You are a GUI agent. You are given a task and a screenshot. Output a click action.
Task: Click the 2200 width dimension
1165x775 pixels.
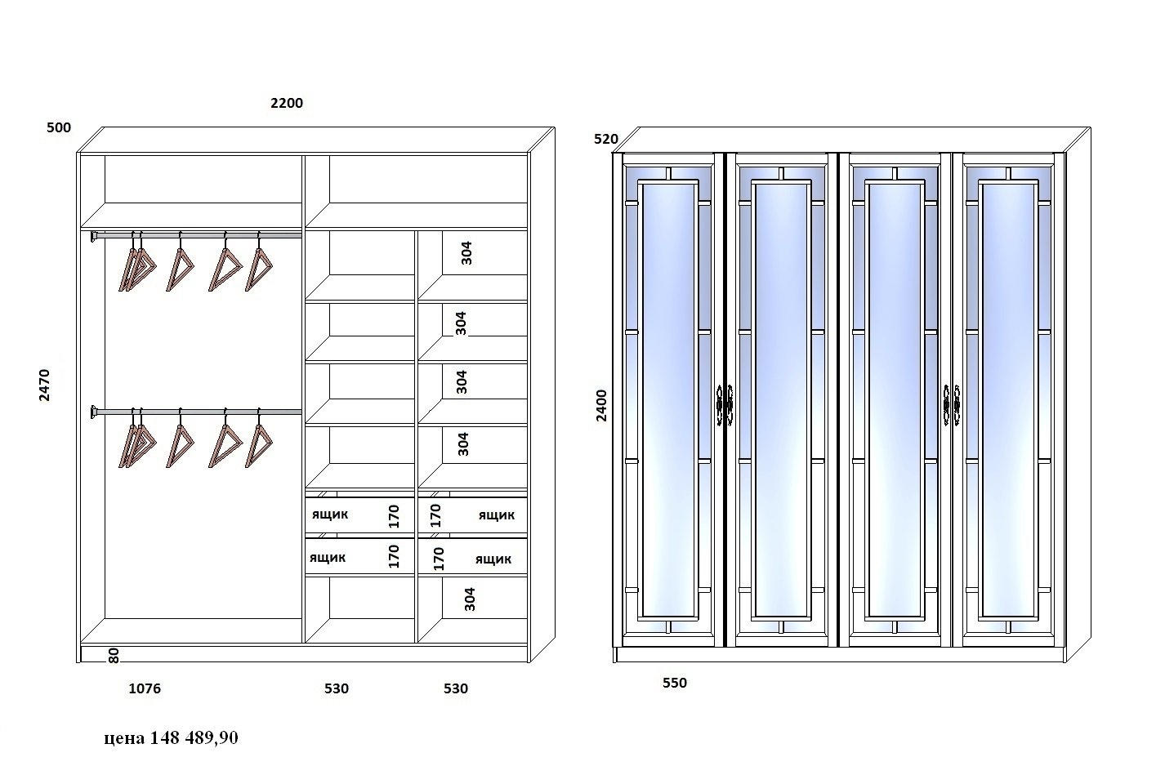(287, 103)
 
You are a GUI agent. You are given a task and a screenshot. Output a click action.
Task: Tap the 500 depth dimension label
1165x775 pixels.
(59, 127)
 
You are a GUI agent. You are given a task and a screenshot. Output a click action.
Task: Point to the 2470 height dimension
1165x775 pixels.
(44, 385)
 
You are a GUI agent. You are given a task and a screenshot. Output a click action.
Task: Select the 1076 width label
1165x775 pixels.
(145, 688)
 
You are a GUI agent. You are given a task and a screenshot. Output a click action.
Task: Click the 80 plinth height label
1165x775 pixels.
(114, 656)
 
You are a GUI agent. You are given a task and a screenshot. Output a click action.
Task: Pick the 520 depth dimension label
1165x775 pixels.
(606, 139)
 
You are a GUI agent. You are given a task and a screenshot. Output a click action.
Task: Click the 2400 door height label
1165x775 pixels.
(601, 405)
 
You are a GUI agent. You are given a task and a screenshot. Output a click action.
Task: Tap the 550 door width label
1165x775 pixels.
(675, 683)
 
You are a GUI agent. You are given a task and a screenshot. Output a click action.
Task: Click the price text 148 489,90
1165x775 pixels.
(194, 737)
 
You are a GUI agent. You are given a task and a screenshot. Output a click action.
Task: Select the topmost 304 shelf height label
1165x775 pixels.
(466, 253)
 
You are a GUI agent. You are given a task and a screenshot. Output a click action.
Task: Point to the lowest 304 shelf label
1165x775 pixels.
(470, 599)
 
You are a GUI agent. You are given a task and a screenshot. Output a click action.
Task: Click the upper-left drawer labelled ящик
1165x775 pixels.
(360, 515)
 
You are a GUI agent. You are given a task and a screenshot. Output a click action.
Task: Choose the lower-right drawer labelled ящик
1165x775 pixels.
(473, 556)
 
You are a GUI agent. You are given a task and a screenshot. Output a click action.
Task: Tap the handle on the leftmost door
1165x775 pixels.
(719, 406)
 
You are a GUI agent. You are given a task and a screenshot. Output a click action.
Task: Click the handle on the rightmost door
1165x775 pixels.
(957, 406)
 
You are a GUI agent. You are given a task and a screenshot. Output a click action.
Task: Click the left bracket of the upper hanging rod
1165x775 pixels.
(94, 237)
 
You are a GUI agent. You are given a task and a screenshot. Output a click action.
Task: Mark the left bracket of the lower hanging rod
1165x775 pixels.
(94, 412)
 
